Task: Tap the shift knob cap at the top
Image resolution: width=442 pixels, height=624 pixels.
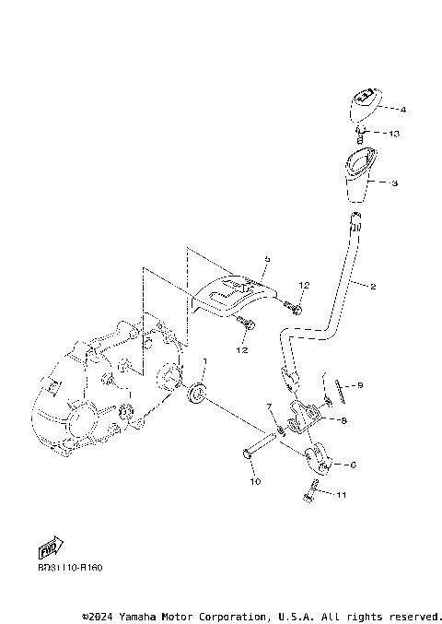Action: pyautogui.click(x=362, y=104)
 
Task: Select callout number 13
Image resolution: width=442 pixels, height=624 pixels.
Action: pyautogui.click(x=394, y=134)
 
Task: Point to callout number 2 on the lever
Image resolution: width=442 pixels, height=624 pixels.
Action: pyautogui.click(x=373, y=287)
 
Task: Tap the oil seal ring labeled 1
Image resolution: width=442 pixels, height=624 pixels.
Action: pyautogui.click(x=196, y=396)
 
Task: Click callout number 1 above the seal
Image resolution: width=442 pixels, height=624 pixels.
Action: pyautogui.click(x=205, y=360)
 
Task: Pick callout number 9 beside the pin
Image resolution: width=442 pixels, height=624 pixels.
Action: pyautogui.click(x=360, y=385)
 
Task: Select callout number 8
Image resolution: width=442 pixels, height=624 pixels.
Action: pyautogui.click(x=343, y=421)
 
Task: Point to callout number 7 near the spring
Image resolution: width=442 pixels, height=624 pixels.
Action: pyautogui.click(x=269, y=406)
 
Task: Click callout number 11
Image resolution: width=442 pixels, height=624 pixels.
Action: pyautogui.click(x=342, y=496)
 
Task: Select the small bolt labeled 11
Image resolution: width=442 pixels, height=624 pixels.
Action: pyautogui.click(x=311, y=490)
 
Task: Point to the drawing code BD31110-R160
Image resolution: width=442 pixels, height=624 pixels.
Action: pyautogui.click(x=70, y=568)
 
